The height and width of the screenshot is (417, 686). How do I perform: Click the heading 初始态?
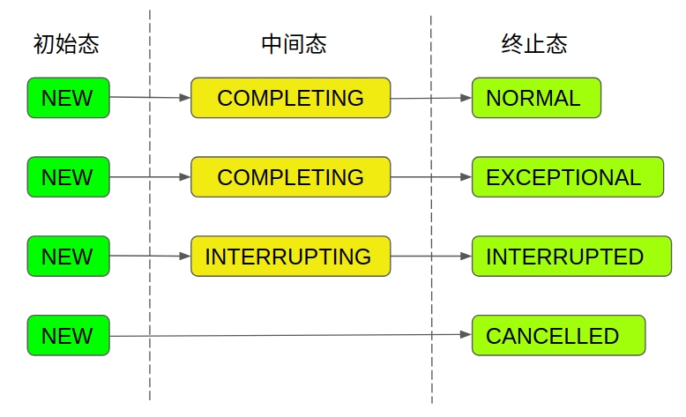66,44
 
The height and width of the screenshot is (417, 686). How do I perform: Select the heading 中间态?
294,44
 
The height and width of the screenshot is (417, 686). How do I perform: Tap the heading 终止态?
533,44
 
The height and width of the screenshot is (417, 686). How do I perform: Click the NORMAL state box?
536,98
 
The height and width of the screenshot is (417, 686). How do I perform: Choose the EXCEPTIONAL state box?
567,177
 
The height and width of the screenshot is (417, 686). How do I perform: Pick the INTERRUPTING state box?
290,257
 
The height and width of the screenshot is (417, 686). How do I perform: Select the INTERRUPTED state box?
570,257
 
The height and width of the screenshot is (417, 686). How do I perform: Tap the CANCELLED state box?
558,336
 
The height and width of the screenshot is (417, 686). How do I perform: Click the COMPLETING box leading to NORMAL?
290,98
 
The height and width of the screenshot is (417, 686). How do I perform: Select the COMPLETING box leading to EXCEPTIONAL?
290,177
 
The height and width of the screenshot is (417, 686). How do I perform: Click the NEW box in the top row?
68,98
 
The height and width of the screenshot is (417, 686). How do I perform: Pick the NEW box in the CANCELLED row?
68,336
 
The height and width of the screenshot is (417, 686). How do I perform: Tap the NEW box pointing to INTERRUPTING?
68,257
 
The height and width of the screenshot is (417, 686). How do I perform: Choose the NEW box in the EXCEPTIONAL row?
68,177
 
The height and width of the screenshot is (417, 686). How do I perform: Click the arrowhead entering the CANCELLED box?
466,335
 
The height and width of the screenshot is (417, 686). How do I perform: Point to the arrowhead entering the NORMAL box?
466,98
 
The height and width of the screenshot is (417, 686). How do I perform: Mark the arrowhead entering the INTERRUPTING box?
185,257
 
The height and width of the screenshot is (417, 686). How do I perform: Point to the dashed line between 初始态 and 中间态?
150,212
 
